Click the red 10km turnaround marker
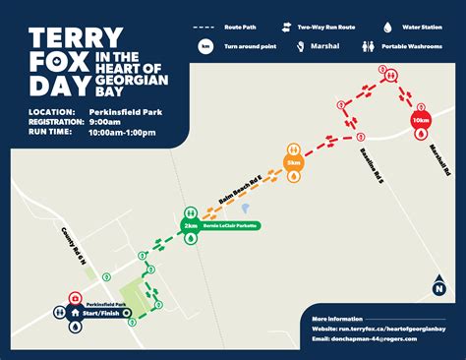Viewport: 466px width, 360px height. pos(420,120)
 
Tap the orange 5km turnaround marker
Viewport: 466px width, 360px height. pos(293,161)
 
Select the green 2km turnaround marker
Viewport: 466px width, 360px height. pos(190,225)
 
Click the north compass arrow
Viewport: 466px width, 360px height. pos(438,285)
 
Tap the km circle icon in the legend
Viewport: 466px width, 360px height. pos(205,46)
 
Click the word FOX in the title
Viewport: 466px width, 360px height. pos(55,69)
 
